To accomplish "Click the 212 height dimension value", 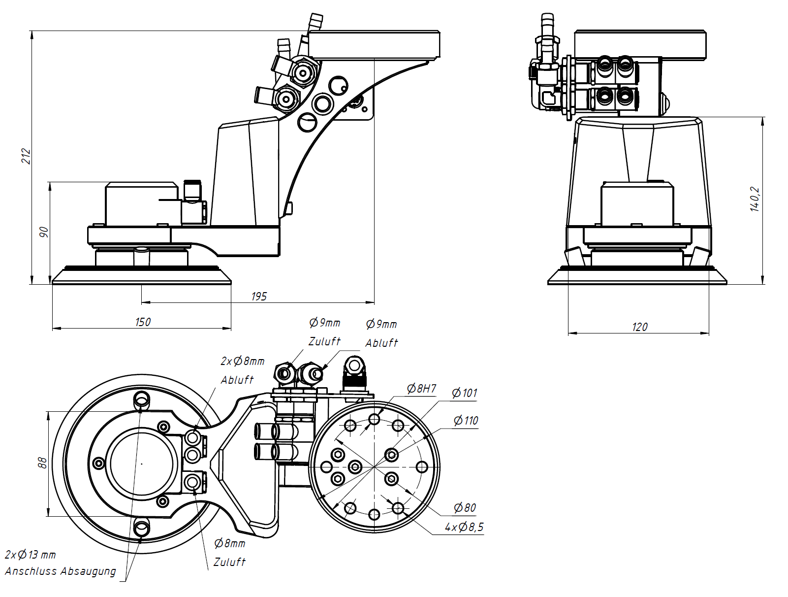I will (x=26, y=156).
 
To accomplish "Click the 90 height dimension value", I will (x=44, y=232).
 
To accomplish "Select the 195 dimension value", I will (x=259, y=297).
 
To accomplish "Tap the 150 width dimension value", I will (x=143, y=322).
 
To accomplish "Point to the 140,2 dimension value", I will (x=755, y=199).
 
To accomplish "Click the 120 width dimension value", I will (x=639, y=327).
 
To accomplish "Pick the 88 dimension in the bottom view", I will (x=42, y=463).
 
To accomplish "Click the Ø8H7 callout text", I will (x=421, y=389).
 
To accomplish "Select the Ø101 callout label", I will (x=465, y=393).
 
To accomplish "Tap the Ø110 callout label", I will (x=466, y=421).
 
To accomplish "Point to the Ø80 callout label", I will (x=465, y=508).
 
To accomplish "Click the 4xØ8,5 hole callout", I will (x=464, y=527).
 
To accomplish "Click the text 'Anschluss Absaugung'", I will (x=61, y=571).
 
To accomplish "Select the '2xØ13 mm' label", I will (x=31, y=555).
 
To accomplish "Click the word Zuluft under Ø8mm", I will (x=229, y=562).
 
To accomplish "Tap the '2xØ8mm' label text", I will (x=243, y=362).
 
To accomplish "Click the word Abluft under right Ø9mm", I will (x=381, y=343).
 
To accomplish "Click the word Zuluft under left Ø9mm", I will (x=324, y=341).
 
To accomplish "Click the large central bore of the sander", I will (x=142, y=464).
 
